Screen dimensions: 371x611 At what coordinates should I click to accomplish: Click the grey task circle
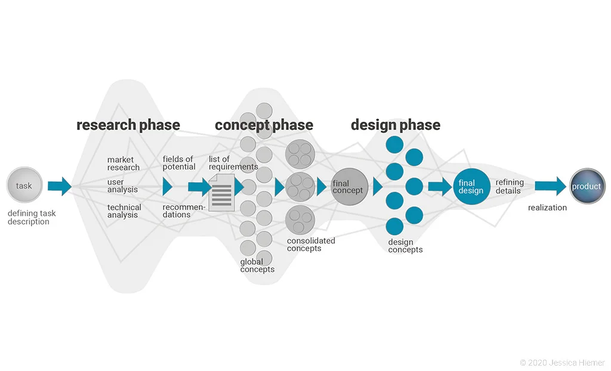pyautogui.click(x=24, y=185)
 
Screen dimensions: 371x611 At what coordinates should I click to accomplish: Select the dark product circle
pyautogui.click(x=587, y=187)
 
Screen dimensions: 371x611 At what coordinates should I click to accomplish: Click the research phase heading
pyautogui.click(x=128, y=125)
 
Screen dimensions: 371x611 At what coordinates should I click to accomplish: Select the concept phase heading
pyautogui.click(x=264, y=125)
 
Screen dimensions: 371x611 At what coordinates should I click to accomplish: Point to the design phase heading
pyautogui.click(x=395, y=125)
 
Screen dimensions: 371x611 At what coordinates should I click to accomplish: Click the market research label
pyautogui.click(x=124, y=163)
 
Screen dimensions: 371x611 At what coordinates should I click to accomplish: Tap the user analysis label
pyautogui.click(x=122, y=185)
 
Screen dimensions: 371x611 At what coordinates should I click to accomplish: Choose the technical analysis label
pyautogui.click(x=124, y=211)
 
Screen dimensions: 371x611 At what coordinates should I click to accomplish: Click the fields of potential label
pyautogui.click(x=179, y=163)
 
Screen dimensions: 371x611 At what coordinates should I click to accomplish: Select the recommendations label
pyautogui.click(x=184, y=211)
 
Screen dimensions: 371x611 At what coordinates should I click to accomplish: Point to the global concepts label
pyautogui.click(x=257, y=265)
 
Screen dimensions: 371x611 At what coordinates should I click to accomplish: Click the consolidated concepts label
pyautogui.click(x=311, y=245)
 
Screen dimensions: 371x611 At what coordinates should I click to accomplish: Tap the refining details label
pyautogui.click(x=510, y=186)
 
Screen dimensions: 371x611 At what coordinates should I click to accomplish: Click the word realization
pyautogui.click(x=547, y=208)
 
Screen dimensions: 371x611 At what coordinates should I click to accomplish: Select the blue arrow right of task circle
pyautogui.click(x=59, y=186)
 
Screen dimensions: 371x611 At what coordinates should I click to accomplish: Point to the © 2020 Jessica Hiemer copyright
pyautogui.click(x=562, y=362)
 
